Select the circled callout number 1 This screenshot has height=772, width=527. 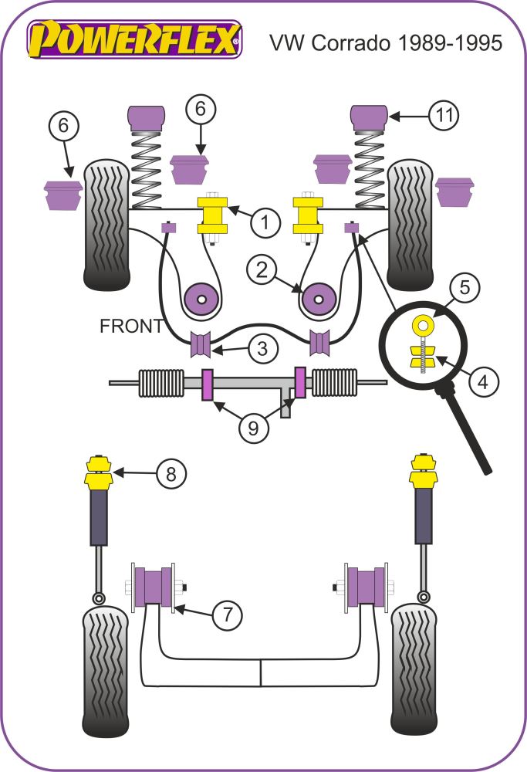[x=265, y=223]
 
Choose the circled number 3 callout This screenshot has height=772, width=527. [x=263, y=349]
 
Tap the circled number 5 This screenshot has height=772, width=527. [x=465, y=288]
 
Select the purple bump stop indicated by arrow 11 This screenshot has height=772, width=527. [x=369, y=117]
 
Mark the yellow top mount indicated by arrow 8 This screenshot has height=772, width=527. [x=98, y=472]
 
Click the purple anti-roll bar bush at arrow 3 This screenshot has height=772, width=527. [x=202, y=344]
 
